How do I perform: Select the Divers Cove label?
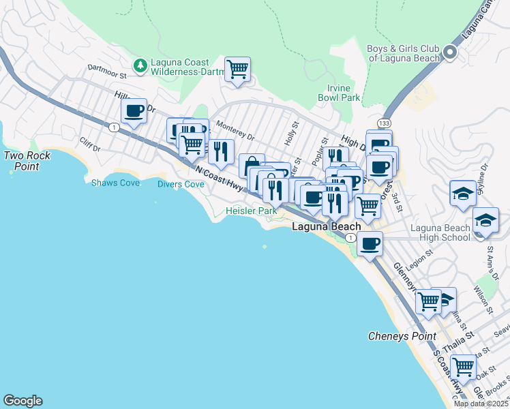pyautogui.click(x=181, y=184)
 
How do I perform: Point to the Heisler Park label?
pyautogui.click(x=252, y=211)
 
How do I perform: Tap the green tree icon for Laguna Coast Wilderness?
pyautogui.click(x=140, y=65)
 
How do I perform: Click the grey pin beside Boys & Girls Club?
pyautogui.click(x=449, y=52)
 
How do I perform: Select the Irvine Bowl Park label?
pyautogui.click(x=338, y=93)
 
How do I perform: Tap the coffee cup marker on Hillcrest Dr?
pyautogui.click(x=134, y=110)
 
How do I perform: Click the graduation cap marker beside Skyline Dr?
pyautogui.click(x=462, y=193)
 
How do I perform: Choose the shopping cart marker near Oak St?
pyautogui.click(x=463, y=366)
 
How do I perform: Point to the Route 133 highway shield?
pyautogui.click(x=386, y=121)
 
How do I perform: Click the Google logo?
pyautogui.click(x=22, y=401)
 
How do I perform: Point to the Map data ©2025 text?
pyautogui.click(x=481, y=404)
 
